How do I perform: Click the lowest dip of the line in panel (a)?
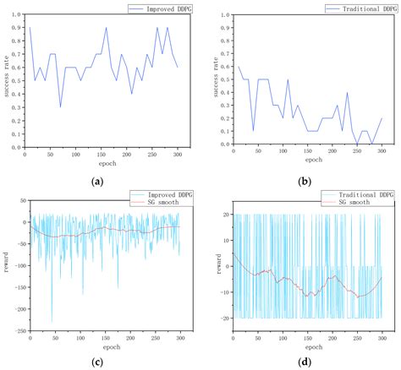[60, 106]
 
